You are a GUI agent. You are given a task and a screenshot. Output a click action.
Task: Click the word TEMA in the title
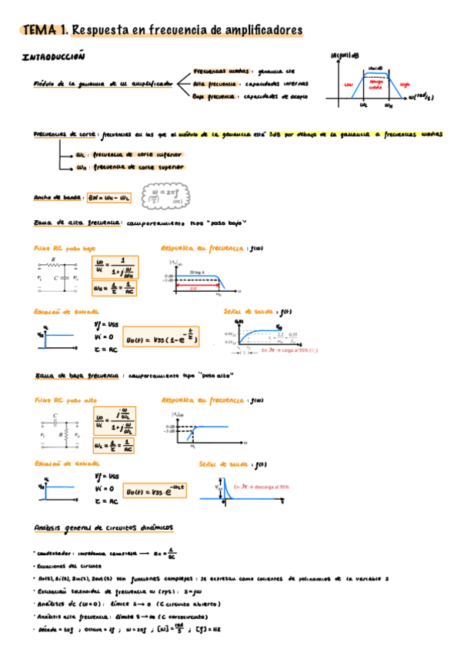pos(41,29)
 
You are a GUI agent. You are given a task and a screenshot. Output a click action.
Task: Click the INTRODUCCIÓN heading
pos(53,57)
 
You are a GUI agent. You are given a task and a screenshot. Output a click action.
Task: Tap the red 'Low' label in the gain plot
pos(348,85)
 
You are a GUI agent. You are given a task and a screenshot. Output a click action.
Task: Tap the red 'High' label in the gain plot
pos(405,85)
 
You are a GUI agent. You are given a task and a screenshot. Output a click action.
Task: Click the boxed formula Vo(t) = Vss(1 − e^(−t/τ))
pos(163,337)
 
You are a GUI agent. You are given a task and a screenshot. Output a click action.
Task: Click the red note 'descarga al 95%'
pos(266,487)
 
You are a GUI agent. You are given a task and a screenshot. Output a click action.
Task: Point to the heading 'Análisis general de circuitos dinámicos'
pos(104,527)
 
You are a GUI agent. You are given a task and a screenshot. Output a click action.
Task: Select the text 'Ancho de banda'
pos(58,198)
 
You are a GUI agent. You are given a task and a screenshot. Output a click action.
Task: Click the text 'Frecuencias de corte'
pos(65,133)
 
